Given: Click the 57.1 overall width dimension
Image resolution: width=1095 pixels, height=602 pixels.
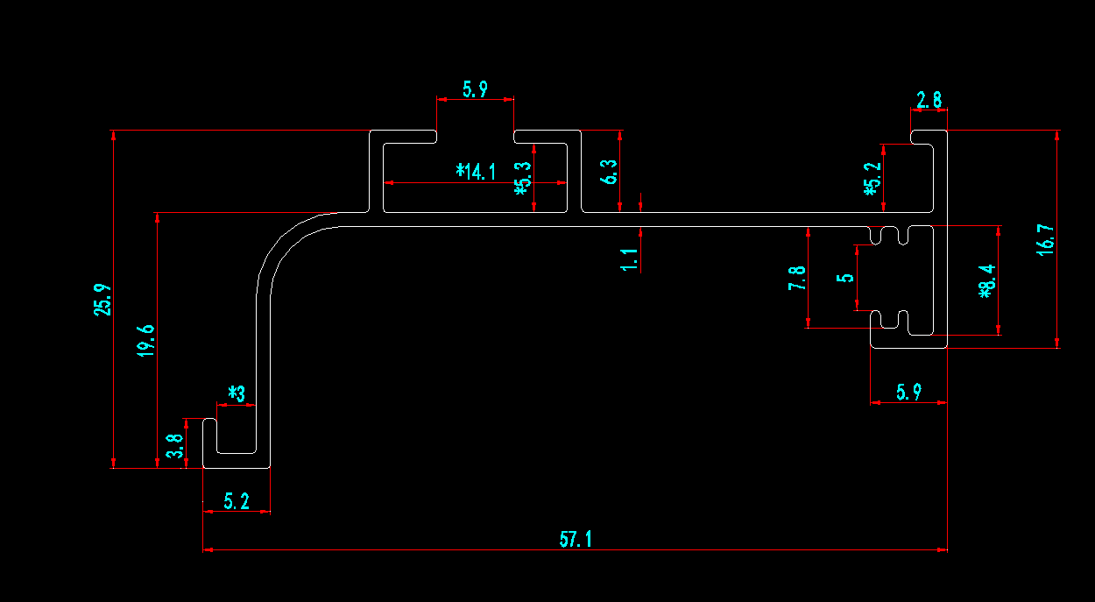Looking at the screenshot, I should [x=576, y=539].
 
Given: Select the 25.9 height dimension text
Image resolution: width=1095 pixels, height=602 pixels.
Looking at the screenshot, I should [x=103, y=300].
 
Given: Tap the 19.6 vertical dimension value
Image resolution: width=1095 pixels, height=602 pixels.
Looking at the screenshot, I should [x=145, y=339].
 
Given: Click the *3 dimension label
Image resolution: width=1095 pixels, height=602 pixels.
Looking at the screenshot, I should [x=237, y=393].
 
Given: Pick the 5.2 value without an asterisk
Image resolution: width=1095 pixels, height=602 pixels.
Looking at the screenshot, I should [x=237, y=501].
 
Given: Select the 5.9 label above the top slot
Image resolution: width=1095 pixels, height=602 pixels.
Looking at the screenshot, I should [x=475, y=89].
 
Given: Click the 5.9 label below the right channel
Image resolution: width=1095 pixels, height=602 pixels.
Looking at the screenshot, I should [x=908, y=392].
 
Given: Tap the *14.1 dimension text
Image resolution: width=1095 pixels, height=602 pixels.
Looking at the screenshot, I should [x=476, y=172].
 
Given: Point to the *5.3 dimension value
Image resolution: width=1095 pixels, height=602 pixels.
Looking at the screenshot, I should [x=523, y=178].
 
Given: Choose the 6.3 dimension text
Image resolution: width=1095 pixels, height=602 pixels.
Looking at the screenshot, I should [x=610, y=172].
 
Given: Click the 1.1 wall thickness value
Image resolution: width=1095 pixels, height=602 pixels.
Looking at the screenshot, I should [x=628, y=259].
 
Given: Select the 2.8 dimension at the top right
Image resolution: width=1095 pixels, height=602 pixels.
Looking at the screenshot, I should [x=929, y=100].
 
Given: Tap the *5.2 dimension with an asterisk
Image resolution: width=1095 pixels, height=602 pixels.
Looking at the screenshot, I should [x=871, y=180].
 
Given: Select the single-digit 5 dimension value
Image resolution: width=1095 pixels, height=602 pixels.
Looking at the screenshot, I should [x=845, y=278].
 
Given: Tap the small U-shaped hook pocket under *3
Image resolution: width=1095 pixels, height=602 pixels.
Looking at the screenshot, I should [x=236, y=436].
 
